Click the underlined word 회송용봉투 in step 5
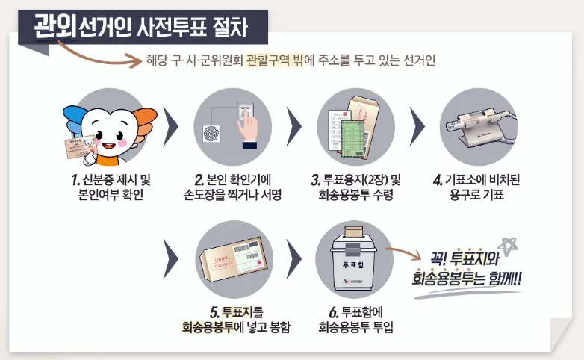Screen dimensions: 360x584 (208, 326)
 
